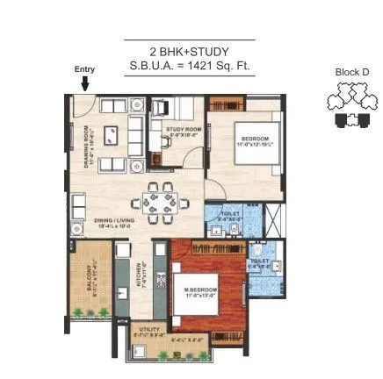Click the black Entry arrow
(x=85, y=82)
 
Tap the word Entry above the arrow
(x=84, y=69)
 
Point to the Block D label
(x=351, y=72)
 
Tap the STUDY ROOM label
(x=184, y=132)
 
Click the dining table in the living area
(x=159, y=204)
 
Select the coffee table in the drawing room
(x=112, y=137)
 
